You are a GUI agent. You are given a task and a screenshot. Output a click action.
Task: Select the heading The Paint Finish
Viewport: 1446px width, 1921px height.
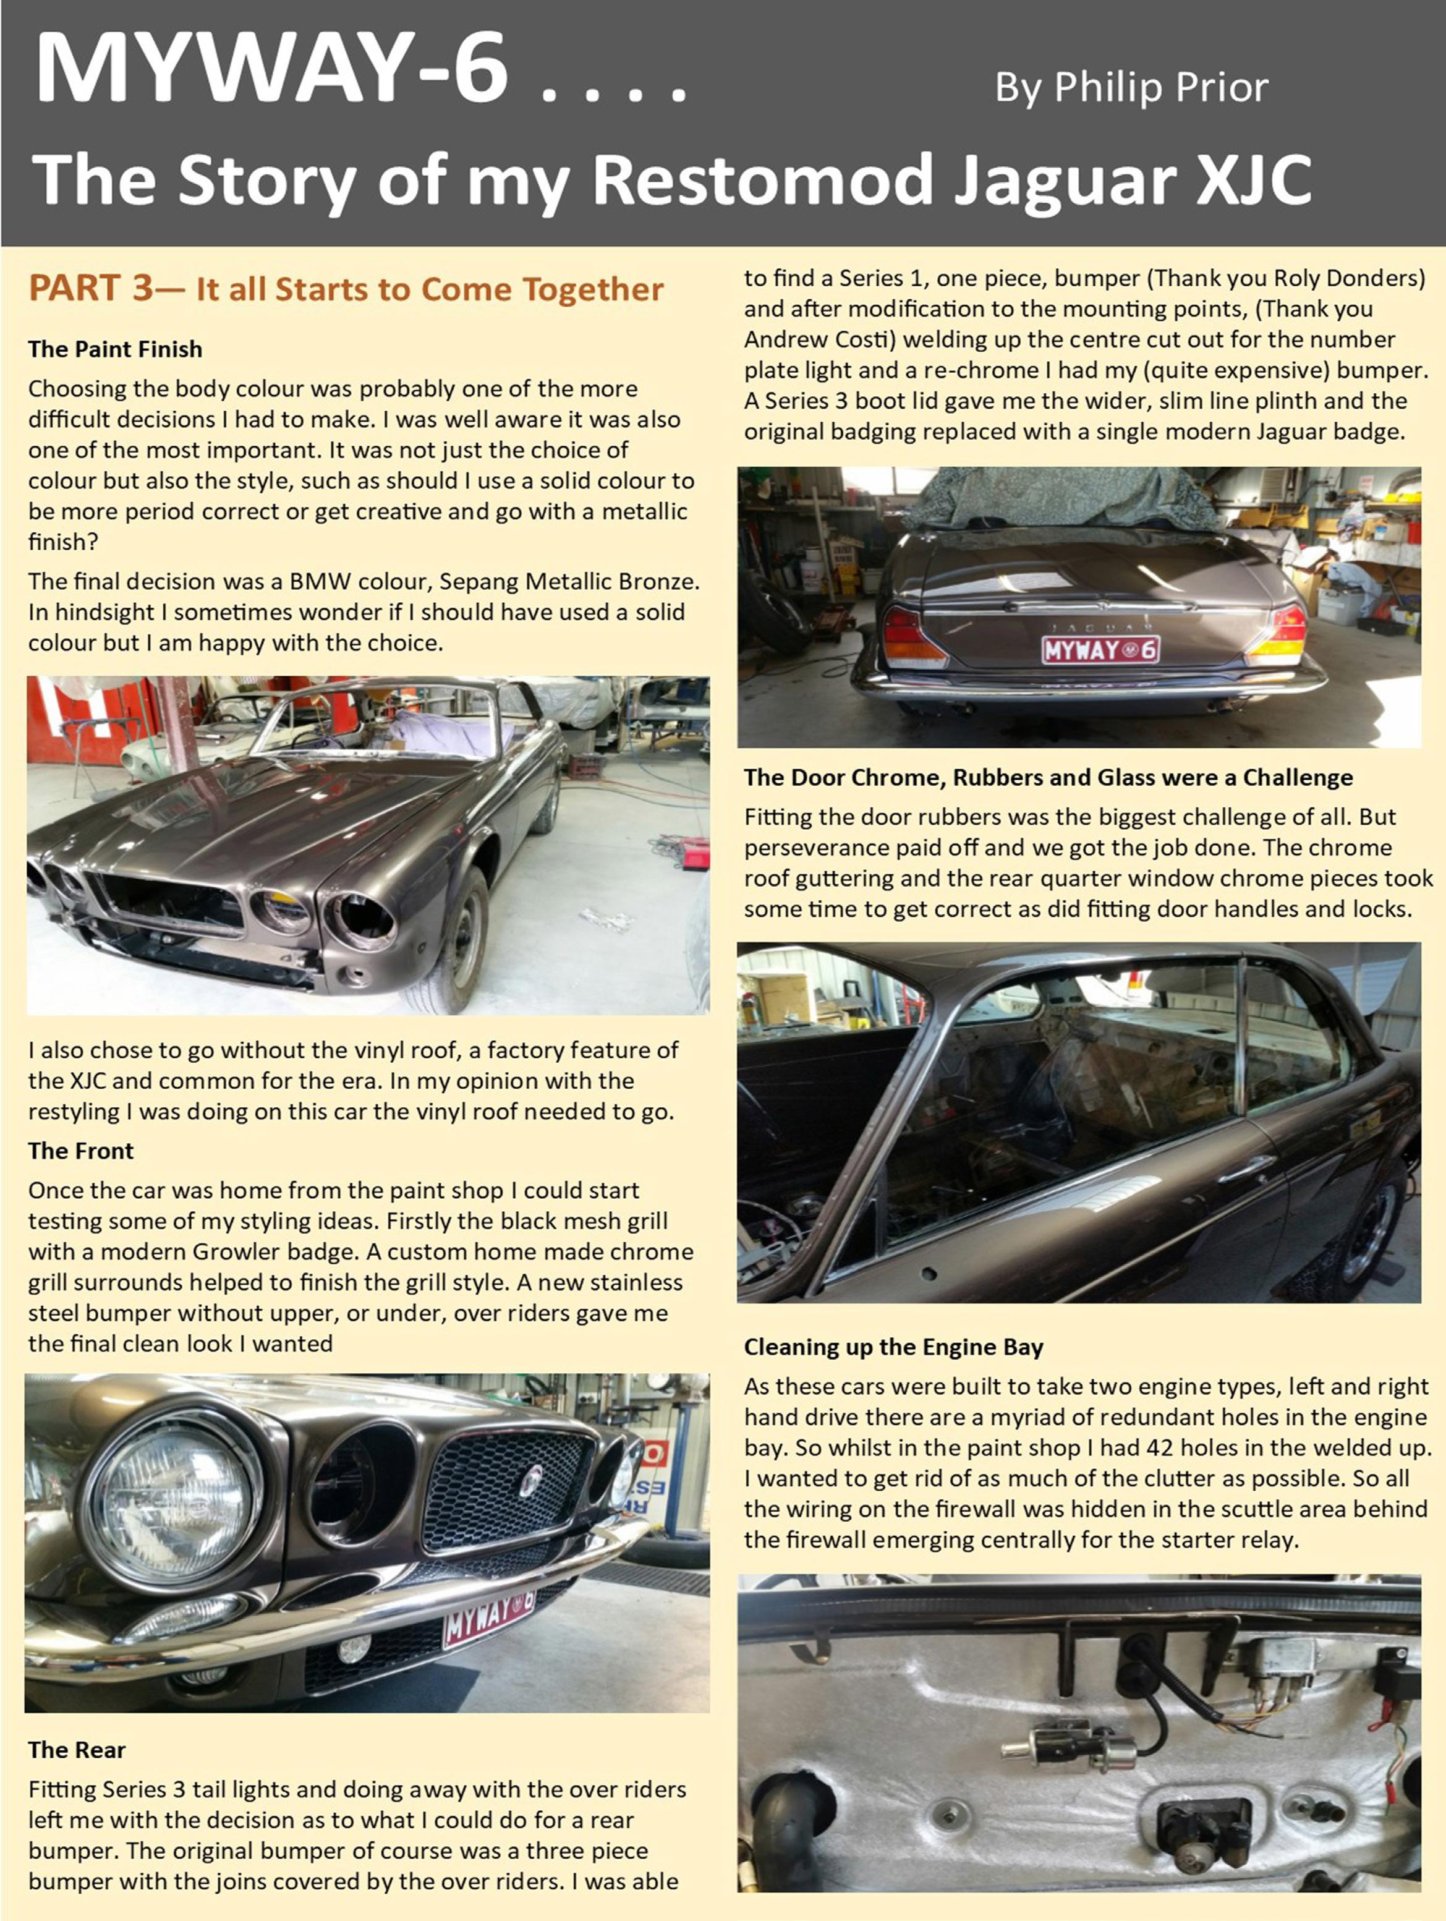[116, 349]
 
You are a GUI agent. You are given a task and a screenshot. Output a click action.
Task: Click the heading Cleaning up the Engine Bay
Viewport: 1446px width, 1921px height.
[894, 1347]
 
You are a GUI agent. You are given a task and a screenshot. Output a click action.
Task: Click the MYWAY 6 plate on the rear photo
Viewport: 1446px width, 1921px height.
[1101, 649]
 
